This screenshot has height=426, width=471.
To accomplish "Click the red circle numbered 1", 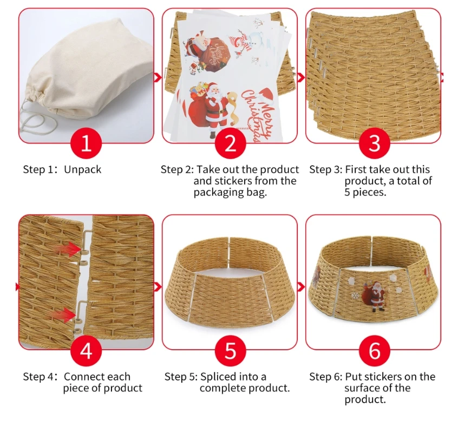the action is (x=86, y=143).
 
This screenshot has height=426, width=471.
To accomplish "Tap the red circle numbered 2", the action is (x=230, y=143).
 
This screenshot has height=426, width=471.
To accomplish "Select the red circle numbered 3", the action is (x=374, y=143).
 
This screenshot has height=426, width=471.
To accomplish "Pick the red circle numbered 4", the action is (x=86, y=350).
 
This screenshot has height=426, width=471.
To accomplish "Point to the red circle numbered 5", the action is (x=230, y=350).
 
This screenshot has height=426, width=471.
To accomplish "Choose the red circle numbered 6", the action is (x=374, y=350).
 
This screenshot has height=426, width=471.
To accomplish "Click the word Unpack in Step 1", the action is (x=83, y=170).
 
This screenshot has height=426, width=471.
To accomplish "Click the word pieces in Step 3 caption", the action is (x=369, y=192).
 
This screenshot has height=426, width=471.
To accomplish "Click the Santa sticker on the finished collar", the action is (x=374, y=296).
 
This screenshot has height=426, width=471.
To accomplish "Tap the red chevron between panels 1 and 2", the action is (x=158, y=77).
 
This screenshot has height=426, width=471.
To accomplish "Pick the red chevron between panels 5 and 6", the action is (x=302, y=287).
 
